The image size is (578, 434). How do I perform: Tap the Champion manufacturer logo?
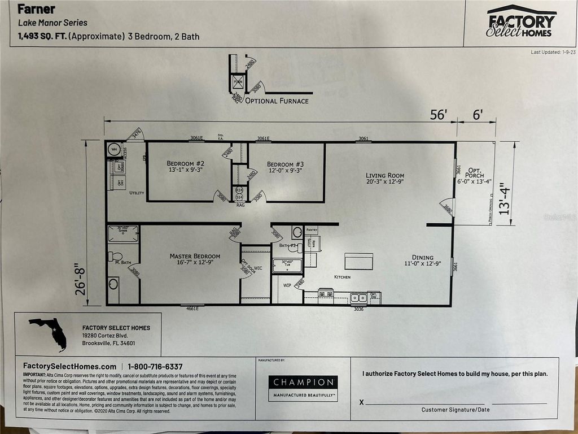point(303,387)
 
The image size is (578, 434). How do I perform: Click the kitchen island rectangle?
point(359,261)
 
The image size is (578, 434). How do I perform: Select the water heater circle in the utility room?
point(114,150)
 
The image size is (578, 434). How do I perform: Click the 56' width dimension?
point(438,115)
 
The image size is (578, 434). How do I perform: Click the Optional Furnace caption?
point(278,101)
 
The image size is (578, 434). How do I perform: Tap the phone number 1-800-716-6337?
point(155,367)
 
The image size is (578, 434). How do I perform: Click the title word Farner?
point(37,9)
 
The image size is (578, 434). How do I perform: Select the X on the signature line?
point(362,402)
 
